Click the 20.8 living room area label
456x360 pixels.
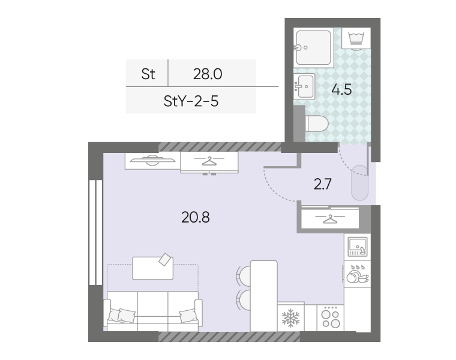click(x=196, y=217)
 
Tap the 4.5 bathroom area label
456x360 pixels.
click(x=342, y=89)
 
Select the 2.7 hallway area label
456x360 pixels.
click(x=323, y=184)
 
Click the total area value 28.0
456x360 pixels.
click(x=208, y=74)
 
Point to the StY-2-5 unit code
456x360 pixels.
click(x=191, y=101)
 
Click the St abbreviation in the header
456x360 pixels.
click(x=148, y=74)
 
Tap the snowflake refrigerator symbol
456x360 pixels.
click(x=290, y=318)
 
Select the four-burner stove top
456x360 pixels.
click(x=331, y=318)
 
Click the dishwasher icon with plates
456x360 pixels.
click(x=358, y=274)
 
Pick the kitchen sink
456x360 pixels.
click(x=358, y=247)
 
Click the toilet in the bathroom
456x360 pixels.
click(x=317, y=124)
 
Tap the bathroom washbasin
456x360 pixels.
click(x=304, y=86)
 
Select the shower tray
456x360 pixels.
click(x=313, y=47)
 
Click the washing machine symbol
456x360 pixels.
click(x=356, y=38)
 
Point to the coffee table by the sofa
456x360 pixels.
click(x=152, y=268)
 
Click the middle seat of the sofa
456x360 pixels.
click(x=152, y=311)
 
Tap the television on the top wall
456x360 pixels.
click(x=152, y=160)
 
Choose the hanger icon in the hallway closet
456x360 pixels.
click(x=330, y=218)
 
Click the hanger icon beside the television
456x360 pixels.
click(x=209, y=161)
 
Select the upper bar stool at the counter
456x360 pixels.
click(x=244, y=275)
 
